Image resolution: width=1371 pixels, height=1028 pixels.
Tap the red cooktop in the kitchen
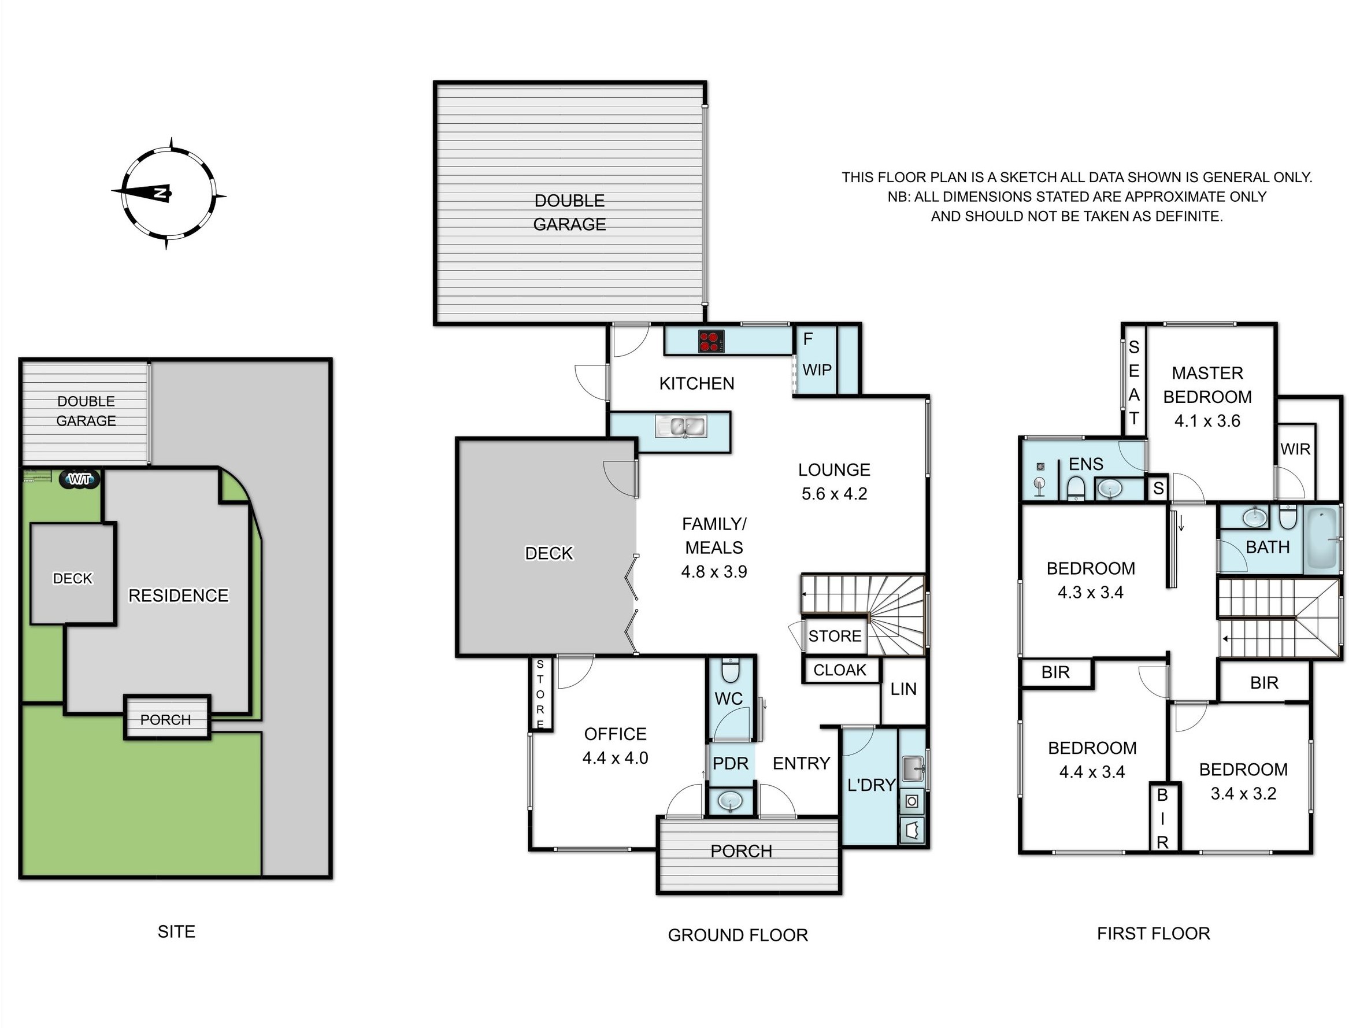(x=711, y=341)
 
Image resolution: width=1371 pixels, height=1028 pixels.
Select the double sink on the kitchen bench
(x=680, y=427)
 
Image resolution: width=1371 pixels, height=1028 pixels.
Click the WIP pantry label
(x=817, y=370)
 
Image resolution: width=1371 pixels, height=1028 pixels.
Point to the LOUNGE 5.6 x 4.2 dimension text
(x=834, y=494)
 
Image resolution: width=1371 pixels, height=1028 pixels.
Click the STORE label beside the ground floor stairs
(x=834, y=635)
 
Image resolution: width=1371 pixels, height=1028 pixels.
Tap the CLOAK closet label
(x=840, y=670)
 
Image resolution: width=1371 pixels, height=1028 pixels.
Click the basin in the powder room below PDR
(x=731, y=802)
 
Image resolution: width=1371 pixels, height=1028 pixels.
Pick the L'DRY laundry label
(x=871, y=785)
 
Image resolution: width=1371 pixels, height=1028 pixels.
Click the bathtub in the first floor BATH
(x=1322, y=540)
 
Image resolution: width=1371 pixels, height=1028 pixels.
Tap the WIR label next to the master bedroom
(x=1295, y=449)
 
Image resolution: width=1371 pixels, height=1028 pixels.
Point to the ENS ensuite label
(x=1086, y=464)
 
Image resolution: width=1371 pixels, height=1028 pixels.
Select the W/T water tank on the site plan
(x=80, y=479)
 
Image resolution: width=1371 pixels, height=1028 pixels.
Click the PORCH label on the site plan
(x=165, y=719)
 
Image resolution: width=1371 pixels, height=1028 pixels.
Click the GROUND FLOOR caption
(x=738, y=935)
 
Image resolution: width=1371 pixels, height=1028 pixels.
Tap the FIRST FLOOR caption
(x=1154, y=933)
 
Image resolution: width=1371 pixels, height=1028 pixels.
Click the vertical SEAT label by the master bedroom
(x=1133, y=383)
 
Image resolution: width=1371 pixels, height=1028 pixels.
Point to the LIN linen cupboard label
(x=903, y=689)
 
